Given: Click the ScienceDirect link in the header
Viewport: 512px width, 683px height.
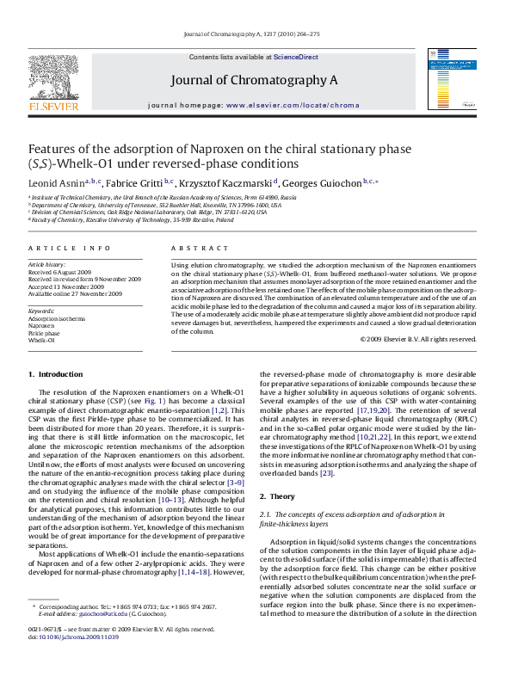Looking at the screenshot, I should pos(295,57).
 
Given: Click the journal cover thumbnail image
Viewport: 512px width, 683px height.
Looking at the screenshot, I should pos(453,80).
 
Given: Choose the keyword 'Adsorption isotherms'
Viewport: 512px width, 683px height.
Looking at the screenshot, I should pos(57,318).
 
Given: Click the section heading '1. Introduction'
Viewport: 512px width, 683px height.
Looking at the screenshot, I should pos(56,374).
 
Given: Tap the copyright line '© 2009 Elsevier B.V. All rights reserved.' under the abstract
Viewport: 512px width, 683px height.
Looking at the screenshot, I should pos(417,339).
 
